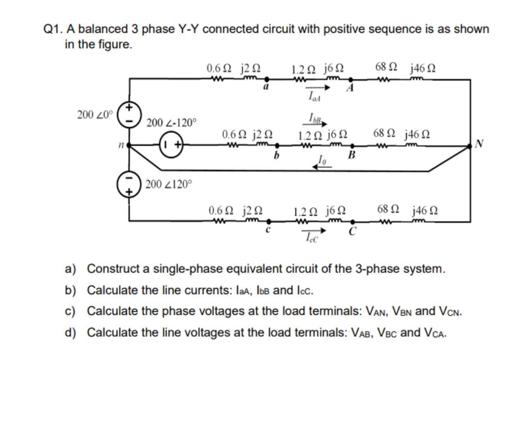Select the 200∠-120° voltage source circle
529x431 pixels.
coord(172,144)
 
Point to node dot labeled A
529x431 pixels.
coord(351,79)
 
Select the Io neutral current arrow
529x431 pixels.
coord(322,166)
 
